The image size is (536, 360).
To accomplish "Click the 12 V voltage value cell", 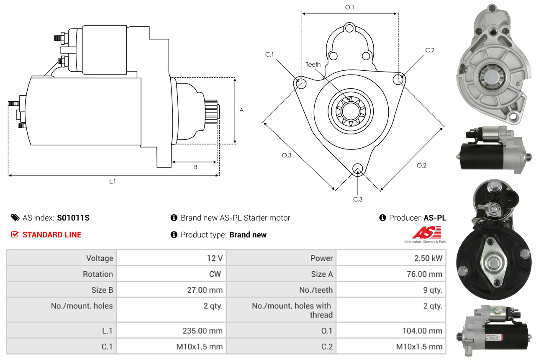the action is [x=215, y=258].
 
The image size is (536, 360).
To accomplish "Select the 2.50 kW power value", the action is [x=428, y=258].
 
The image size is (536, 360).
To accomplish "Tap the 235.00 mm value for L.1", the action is [x=203, y=331].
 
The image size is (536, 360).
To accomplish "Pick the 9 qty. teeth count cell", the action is [x=432, y=290].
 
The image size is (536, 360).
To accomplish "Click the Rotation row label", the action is [x=98, y=274].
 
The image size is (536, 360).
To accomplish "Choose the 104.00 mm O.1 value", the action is [x=422, y=331].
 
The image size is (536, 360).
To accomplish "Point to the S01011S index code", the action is [x=73, y=218].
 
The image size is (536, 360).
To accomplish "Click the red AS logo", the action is [x=426, y=232].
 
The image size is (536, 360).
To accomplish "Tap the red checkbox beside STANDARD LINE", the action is [x=15, y=234].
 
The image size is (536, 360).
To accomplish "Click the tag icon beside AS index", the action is [x=15, y=218].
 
